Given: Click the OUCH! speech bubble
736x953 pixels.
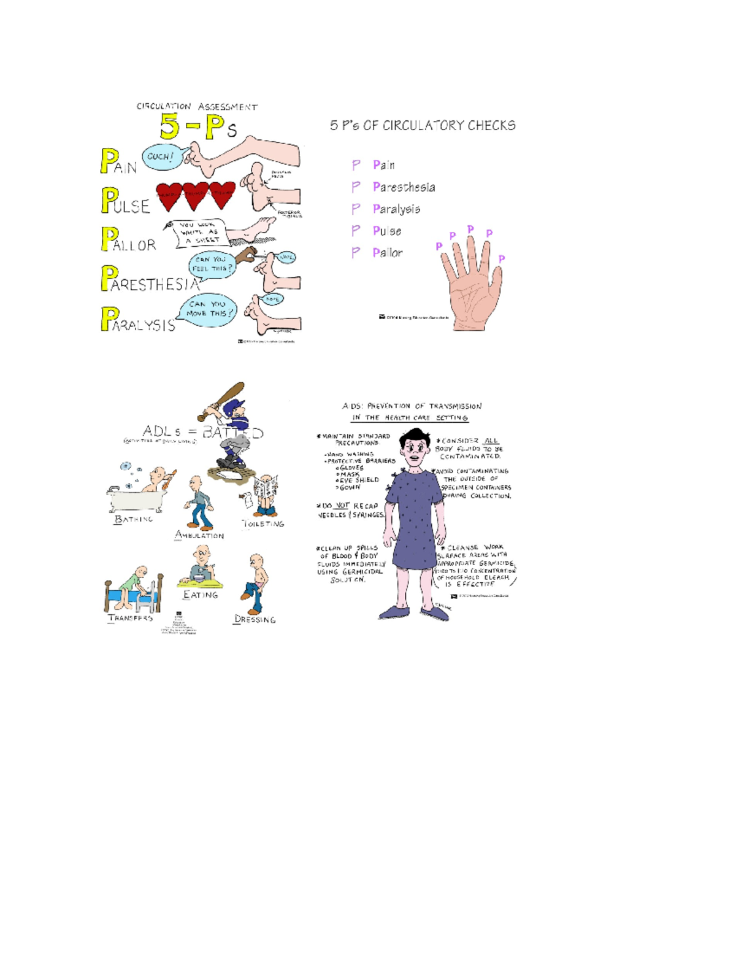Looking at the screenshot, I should tap(160, 156).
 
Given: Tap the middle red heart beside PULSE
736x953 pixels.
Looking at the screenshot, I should tap(196, 195).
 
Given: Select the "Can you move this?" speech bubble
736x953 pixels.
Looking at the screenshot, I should tap(209, 309).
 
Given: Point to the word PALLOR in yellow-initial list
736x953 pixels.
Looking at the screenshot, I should tap(129, 240).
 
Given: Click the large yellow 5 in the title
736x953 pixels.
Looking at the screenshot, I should tap(170, 126).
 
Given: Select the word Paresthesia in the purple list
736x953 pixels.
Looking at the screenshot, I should tap(404, 187).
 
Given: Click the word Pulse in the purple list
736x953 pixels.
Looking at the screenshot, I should tap(387, 231).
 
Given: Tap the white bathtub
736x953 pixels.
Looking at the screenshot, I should tap(136, 500).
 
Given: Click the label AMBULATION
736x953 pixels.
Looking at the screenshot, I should tap(199, 535).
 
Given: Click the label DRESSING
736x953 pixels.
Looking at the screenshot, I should tap(255, 619).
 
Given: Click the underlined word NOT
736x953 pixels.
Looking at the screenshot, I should tap(342, 506).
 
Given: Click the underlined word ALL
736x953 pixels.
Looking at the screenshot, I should tap(491, 441).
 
